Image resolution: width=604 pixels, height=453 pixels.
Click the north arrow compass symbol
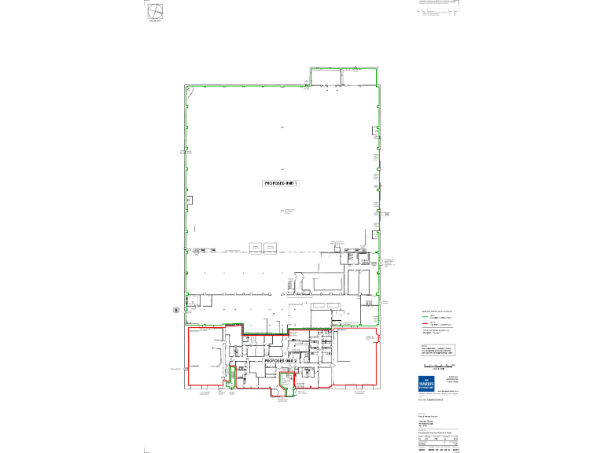pos(154,11)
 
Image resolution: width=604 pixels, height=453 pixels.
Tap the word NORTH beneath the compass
pos(154,22)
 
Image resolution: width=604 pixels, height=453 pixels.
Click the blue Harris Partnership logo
pos(429,383)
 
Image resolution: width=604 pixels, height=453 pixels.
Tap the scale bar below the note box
pos(439,366)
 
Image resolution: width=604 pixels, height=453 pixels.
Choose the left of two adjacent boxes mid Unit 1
pos(255,248)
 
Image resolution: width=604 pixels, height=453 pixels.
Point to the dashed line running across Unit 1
pos(260,252)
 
